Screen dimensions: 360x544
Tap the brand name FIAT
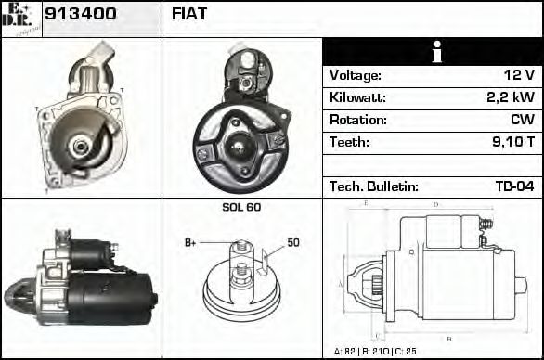189,14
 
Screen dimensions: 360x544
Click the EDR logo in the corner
21,16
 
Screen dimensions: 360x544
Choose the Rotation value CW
522,120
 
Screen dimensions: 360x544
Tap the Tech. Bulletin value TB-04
514,186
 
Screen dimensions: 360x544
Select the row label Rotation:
356,120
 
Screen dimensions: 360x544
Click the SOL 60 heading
241,208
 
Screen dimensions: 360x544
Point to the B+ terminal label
190,243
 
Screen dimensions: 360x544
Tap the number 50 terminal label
293,243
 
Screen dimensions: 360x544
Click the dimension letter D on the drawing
435,204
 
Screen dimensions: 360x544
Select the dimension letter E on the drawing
365,203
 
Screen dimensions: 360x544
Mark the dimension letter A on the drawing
340,284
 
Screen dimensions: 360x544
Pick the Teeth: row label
349,142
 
